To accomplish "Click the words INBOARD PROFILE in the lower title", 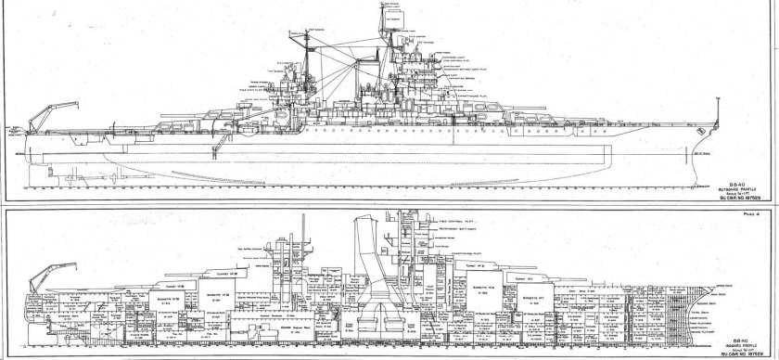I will click(732, 335).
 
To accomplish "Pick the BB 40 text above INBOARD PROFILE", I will click(730, 328).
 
